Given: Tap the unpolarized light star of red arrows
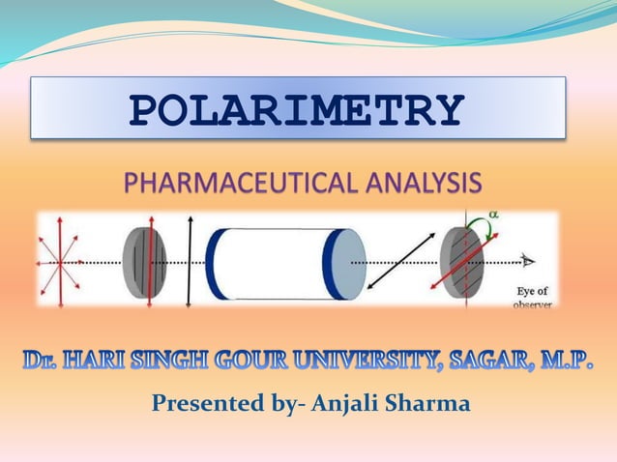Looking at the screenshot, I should (60, 261).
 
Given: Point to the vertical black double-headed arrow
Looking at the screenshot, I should (190, 261).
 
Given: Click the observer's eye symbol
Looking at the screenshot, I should (527, 260).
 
